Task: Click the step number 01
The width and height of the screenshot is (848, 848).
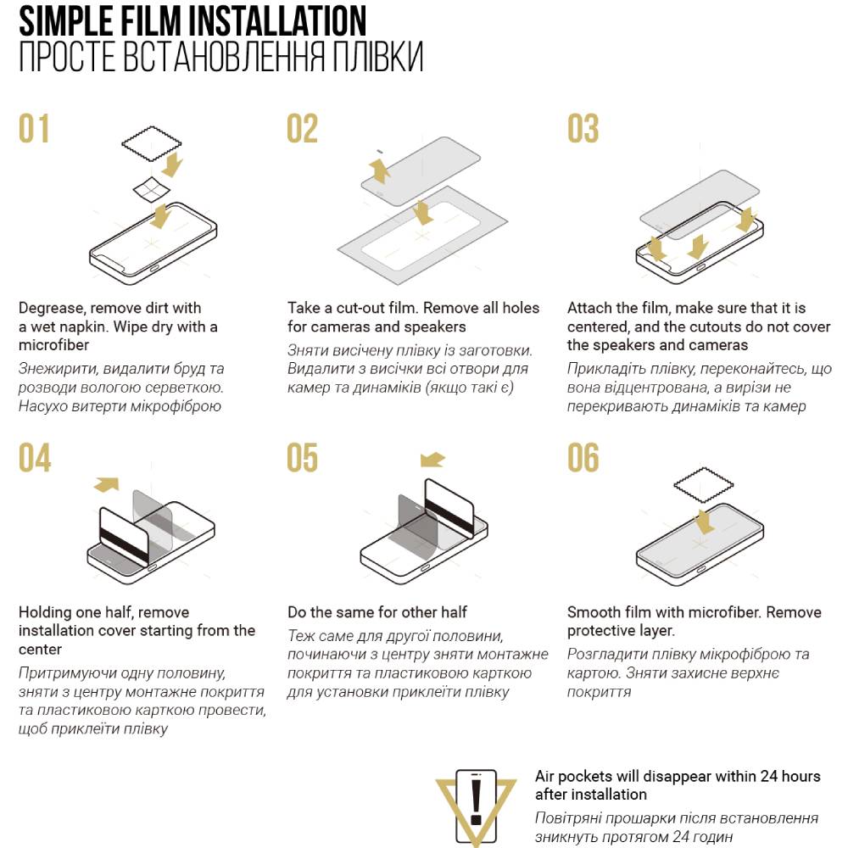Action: pos(34,128)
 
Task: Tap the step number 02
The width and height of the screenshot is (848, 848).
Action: pos(303,128)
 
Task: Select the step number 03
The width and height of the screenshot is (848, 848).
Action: pos(583,128)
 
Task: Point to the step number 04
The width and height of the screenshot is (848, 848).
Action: pos(35,458)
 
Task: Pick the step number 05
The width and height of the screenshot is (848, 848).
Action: pos(303,458)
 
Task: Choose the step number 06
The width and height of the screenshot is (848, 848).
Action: pos(583,458)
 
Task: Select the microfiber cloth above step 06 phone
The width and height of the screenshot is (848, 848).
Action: pos(703,484)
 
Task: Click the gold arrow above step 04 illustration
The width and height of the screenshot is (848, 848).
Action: pos(107,484)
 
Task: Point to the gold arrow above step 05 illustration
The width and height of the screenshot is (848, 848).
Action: pos(432,460)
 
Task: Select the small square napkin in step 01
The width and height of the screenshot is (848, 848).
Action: pos(152,189)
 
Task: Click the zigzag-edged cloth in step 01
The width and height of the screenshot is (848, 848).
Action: pos(152,144)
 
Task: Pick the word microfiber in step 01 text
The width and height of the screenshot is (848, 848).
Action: pos(53,345)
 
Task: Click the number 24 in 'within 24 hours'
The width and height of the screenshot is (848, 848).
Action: pos(769,776)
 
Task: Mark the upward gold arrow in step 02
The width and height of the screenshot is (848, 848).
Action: pos(380,170)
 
